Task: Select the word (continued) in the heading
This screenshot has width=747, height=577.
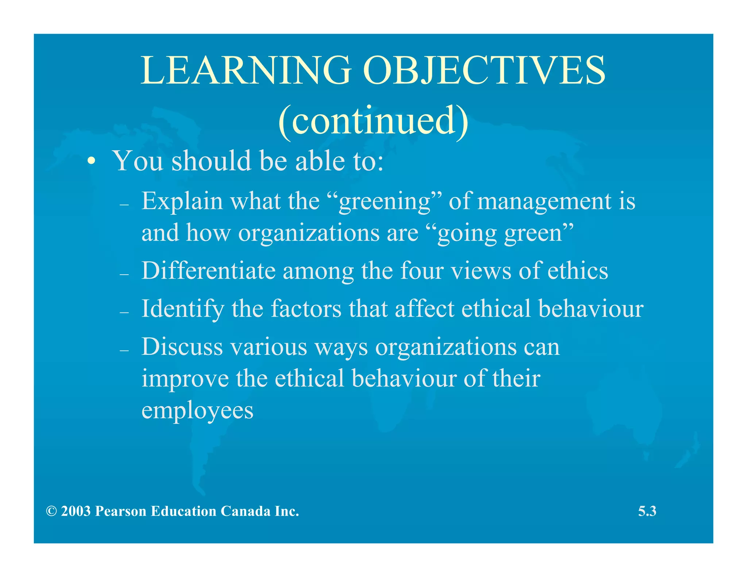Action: click(x=373, y=121)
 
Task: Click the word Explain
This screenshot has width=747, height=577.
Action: click(x=182, y=201)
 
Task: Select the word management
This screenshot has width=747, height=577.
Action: click(x=544, y=201)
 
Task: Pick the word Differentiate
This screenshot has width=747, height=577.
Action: click(x=208, y=271)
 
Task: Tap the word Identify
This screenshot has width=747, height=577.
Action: click(x=182, y=309)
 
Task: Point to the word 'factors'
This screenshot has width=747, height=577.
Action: click(x=306, y=309)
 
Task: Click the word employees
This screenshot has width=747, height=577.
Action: click(x=197, y=411)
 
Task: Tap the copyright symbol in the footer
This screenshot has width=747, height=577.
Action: click(x=51, y=511)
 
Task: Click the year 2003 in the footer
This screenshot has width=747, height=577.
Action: click(x=76, y=511)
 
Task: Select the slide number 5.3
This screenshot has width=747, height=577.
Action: click(x=647, y=511)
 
